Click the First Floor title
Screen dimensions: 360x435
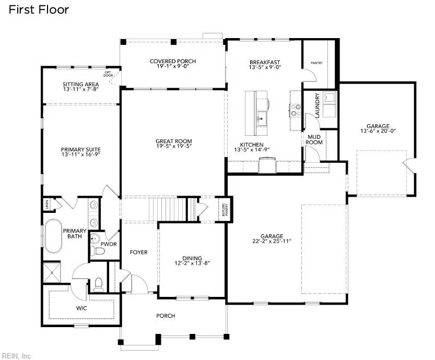38,9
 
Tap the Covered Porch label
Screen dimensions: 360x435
172,62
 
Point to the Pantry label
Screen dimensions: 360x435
316,63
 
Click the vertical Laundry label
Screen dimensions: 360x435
317,103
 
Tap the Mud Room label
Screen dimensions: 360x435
315,139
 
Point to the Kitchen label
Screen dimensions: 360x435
252,145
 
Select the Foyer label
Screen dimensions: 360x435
138,253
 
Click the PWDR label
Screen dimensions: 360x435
108,244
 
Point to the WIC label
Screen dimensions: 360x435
81,308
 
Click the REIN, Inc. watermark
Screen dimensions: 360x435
17,356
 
